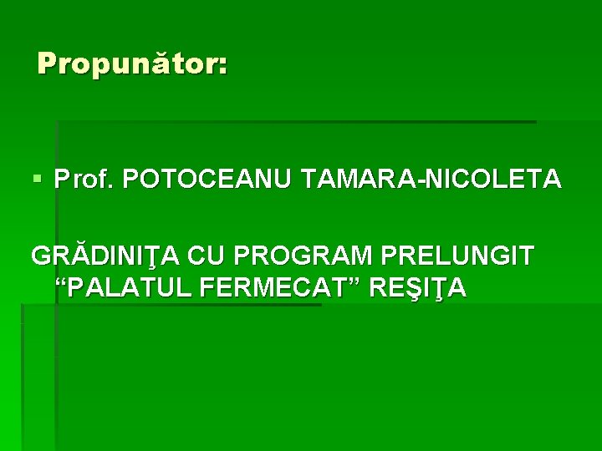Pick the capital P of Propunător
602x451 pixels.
point(47,63)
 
